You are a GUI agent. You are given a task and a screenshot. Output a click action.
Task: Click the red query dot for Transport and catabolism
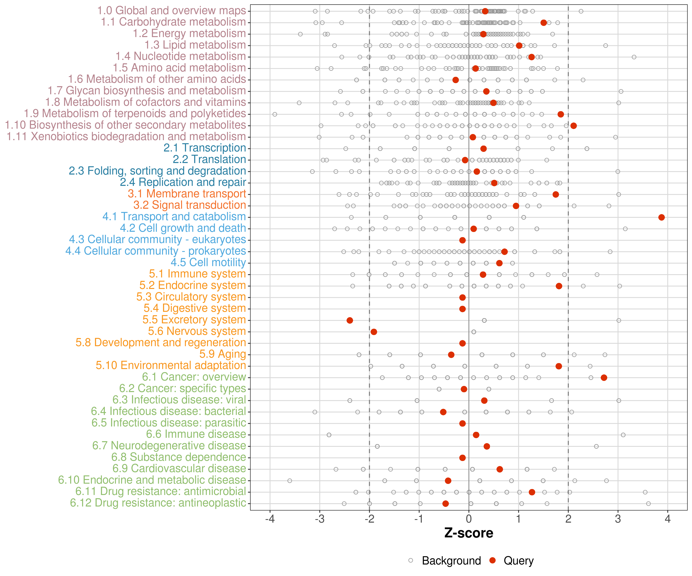pos(661,217)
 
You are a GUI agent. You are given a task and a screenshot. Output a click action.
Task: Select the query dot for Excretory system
pos(350,320)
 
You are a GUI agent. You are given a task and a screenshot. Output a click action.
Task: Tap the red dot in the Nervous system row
pos(374,332)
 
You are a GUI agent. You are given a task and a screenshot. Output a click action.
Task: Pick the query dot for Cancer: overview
pos(604,377)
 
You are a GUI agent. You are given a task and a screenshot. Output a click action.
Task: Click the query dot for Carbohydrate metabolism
pos(544,23)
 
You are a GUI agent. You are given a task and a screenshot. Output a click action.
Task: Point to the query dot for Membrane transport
pos(556,194)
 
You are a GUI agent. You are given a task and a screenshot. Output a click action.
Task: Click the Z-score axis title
pos(469,533)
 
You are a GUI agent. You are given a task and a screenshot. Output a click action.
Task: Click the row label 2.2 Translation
pos(209,159)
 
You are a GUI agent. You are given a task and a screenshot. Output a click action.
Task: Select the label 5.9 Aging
pos(223,354)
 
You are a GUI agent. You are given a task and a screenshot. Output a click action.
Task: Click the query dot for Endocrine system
pos(559,286)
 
